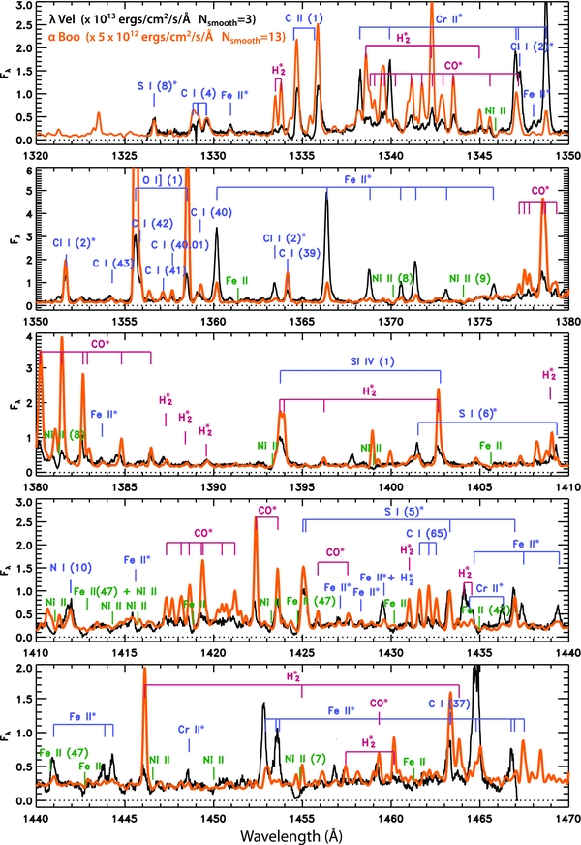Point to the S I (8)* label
(x=156, y=85)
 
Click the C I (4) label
(x=199, y=93)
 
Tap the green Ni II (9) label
(x=469, y=278)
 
